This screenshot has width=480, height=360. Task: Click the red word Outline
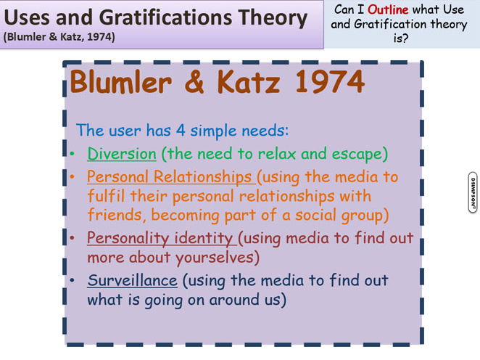pyautogui.click(x=388, y=9)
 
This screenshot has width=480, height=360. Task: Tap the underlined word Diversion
pyautogui.click(x=122, y=153)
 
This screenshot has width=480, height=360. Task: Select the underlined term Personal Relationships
pyautogui.click(x=169, y=176)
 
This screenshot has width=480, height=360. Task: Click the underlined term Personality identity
pyautogui.click(x=160, y=238)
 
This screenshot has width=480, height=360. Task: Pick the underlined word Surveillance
pyautogui.click(x=132, y=280)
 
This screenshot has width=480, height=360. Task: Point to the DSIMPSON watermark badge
pyautogui.click(x=473, y=192)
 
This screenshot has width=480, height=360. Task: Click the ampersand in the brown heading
pyautogui.click(x=194, y=81)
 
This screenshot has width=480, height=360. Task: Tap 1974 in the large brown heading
pyautogui.click(x=330, y=81)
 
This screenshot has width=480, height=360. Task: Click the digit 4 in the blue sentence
pyautogui.click(x=181, y=131)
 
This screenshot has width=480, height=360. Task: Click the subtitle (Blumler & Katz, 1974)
pyautogui.click(x=59, y=37)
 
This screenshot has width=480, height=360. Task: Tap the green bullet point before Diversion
pyautogui.click(x=73, y=153)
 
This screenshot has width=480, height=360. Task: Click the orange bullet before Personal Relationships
pyautogui.click(x=73, y=177)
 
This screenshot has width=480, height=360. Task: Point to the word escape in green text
pyautogui.click(x=357, y=154)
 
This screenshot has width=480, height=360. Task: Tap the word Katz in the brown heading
pyautogui.click(x=248, y=81)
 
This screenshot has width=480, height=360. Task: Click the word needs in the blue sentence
pyautogui.click(x=263, y=131)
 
